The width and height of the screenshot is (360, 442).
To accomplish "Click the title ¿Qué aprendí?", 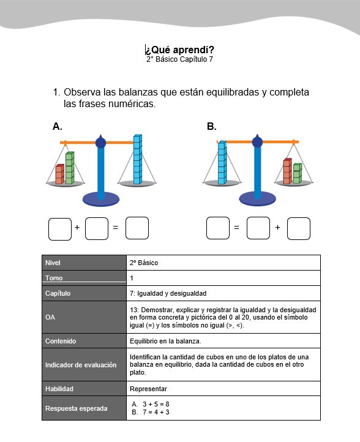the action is pos(180,50).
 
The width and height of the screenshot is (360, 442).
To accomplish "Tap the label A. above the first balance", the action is pos(57,126).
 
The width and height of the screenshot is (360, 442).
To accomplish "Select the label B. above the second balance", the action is pos(211,126).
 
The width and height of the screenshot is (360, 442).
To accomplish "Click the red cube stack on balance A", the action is pos(60,174).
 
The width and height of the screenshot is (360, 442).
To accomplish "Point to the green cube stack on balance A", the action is pos(70,168).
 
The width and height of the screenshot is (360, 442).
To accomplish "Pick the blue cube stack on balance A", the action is pos(138,159).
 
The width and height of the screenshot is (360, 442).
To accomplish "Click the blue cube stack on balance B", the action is pos(222,162).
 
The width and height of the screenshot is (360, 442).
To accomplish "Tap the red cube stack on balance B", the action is pos(288,171).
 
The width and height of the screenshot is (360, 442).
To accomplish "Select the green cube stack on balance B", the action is pos(298,173).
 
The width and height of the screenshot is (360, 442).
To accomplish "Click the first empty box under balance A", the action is pos(60,229).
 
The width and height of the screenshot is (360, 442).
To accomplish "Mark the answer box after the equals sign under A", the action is pos(137,228).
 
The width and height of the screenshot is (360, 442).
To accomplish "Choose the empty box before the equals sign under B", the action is pos(218,228).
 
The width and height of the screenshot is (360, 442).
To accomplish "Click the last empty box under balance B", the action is pos(299,228).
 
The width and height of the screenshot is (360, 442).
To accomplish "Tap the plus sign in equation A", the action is pos(77,227).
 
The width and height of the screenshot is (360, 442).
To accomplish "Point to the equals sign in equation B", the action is pos(236,227).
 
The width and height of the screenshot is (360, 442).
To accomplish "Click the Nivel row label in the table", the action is pos(53,263).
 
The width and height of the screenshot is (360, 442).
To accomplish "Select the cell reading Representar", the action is pos(148,389).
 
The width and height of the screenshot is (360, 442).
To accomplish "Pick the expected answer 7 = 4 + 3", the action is pos(156,412).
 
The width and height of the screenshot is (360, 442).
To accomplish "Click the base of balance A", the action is pos(101,199).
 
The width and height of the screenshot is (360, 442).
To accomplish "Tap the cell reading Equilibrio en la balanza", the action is pos(165,341).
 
